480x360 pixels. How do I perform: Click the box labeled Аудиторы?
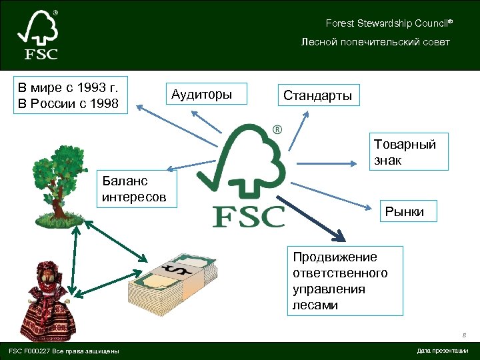point(205,95)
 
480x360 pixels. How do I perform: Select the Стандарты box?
point(317,95)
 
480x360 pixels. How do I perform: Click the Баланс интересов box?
point(137,189)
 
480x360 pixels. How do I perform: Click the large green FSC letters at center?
point(249,215)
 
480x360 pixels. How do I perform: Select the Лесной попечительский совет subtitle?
point(375,42)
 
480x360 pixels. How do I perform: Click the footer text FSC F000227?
point(63,351)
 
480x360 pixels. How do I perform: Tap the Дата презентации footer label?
point(442,351)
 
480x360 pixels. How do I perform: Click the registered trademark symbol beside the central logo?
point(277,129)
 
